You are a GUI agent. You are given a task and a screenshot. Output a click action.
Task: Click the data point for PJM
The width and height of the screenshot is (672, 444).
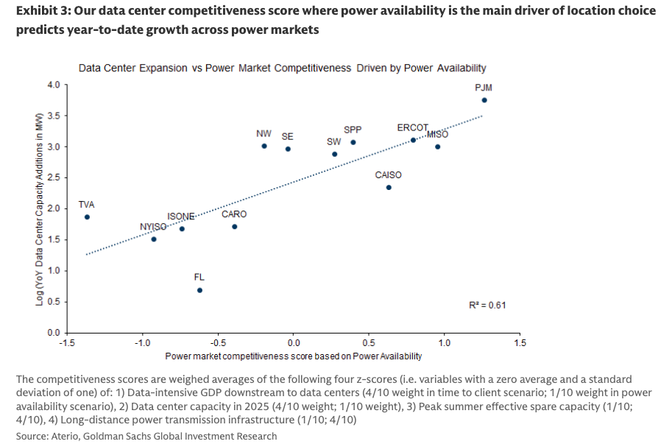tap(484, 100)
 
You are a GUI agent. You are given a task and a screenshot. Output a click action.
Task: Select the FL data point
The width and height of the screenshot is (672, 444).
tap(199, 290)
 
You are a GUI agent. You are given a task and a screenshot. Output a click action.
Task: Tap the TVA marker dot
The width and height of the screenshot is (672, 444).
tap(87, 217)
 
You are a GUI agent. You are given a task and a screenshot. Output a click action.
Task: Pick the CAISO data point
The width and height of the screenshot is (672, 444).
tap(389, 187)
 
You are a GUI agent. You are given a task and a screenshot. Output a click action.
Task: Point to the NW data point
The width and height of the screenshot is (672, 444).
tap(264, 146)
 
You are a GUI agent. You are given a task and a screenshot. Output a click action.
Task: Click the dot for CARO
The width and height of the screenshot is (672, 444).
tap(234, 227)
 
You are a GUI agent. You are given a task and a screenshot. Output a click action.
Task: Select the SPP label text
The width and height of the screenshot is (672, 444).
tap(353, 130)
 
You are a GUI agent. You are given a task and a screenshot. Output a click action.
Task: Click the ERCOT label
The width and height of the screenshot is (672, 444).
tap(412, 128)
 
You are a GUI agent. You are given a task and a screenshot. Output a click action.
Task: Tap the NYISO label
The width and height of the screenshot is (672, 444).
tap(153, 227)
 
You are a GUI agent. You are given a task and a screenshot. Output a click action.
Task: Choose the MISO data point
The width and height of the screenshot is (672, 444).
tap(437, 147)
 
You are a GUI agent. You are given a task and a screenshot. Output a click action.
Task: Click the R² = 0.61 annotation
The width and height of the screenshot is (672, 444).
tap(487, 305)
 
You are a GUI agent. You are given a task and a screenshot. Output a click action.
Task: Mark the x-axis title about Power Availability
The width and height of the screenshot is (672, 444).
tap(293, 356)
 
